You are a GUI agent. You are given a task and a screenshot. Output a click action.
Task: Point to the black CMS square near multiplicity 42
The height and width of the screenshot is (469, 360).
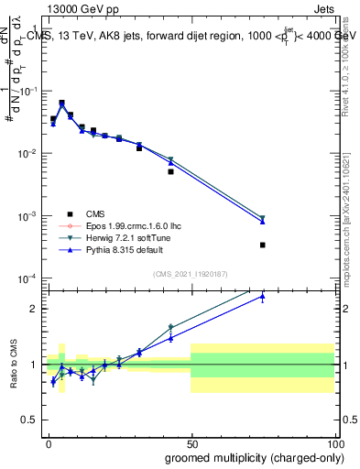coord(170,171)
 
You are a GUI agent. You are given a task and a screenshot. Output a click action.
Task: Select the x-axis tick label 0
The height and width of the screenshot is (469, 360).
coord(48,443)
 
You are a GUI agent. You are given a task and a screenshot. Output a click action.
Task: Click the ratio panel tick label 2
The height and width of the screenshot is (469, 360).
coord(35,309)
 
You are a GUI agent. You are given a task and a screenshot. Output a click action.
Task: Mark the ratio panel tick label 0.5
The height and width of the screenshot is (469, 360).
coord(31,420)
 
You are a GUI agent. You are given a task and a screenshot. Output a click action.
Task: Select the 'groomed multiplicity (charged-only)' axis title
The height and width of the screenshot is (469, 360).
coord(249,457)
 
